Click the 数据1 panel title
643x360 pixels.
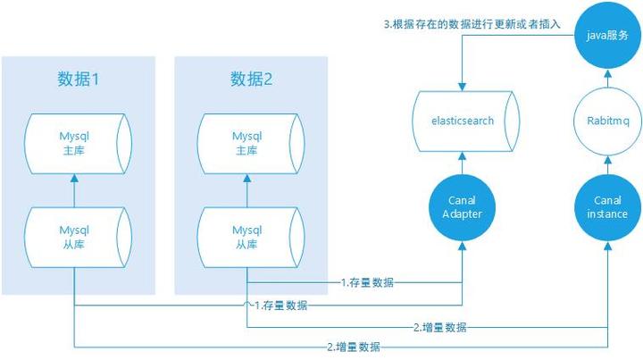[77, 80]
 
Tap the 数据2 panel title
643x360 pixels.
[251, 80]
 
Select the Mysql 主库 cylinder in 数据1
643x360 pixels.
[77, 144]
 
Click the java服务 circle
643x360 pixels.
[608, 38]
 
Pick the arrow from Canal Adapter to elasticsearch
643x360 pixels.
[462, 163]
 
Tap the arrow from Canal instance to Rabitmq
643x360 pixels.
[608, 163]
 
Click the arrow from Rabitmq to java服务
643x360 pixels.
[608, 79]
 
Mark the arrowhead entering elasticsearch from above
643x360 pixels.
[462, 87]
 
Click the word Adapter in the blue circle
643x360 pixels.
[462, 214]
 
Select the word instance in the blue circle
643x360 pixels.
[608, 214]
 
